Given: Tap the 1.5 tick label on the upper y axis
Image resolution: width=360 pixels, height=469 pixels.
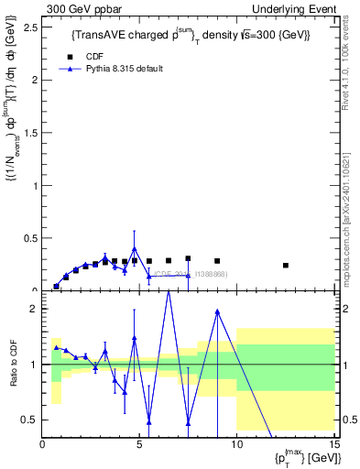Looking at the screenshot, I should coord(32,133).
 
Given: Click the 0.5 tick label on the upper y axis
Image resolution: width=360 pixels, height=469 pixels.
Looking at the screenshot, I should coord(32,238).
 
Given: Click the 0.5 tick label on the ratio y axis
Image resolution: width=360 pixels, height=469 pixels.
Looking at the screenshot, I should coord(32,420).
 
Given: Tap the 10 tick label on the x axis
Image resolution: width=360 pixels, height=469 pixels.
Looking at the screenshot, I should coord(236,445).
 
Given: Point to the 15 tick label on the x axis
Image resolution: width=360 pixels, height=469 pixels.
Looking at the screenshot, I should coord(333,445).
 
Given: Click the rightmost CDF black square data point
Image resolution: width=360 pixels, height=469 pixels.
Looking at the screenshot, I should coord(286,266).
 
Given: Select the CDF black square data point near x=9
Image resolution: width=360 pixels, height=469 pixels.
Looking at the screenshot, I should coord(217,261).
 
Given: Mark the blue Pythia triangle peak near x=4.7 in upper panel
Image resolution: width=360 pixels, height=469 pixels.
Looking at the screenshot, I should coord(135,248).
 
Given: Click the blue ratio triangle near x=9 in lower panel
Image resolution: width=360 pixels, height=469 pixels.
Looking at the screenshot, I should coord(217,311).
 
